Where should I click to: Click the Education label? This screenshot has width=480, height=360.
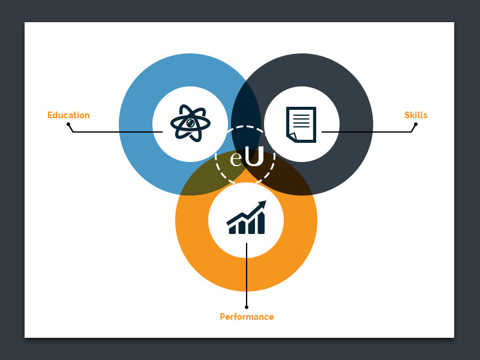(68, 115)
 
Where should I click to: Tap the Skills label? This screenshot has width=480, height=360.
(416, 115)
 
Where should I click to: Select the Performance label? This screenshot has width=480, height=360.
(247, 317)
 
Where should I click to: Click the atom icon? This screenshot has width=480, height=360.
(190, 124)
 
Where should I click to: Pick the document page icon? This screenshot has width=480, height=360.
(301, 124)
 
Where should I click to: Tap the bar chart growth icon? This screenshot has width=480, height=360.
(246, 218)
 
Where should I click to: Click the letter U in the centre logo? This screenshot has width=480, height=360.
(254, 158)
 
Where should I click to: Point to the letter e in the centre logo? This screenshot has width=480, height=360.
(236, 160)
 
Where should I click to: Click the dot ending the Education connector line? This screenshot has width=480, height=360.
(68, 125)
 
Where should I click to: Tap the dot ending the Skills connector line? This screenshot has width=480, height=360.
(416, 124)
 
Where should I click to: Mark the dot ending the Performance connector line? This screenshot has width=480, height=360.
(247, 307)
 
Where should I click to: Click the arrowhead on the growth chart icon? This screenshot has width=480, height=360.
(262, 205)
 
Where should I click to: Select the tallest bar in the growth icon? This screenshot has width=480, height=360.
(261, 223)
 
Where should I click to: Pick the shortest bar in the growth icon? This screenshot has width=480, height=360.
(232, 230)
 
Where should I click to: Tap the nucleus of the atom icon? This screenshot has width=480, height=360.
(190, 123)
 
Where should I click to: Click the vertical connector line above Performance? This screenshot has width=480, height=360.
(247, 276)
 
